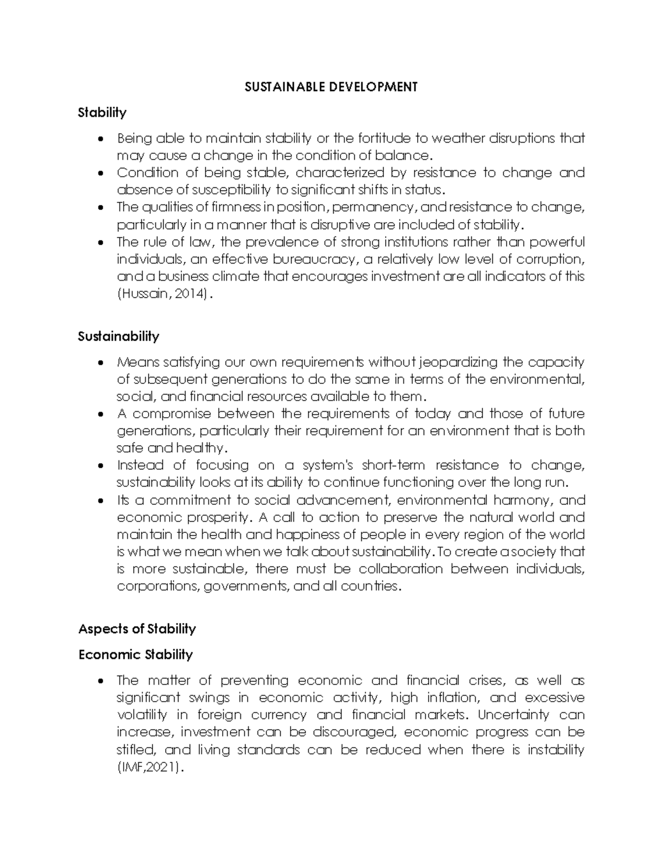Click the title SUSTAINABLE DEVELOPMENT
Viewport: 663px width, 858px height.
click(331, 87)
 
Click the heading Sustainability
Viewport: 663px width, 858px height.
click(118, 336)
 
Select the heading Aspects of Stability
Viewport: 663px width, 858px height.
click(137, 629)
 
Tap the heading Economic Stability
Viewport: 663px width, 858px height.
click(135, 655)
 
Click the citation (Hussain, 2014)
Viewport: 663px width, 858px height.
click(164, 294)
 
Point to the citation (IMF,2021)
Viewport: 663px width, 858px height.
click(149, 767)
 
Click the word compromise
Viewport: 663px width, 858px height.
click(172, 413)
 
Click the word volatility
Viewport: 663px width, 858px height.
click(141, 715)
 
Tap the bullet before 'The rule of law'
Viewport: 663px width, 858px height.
click(99, 243)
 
